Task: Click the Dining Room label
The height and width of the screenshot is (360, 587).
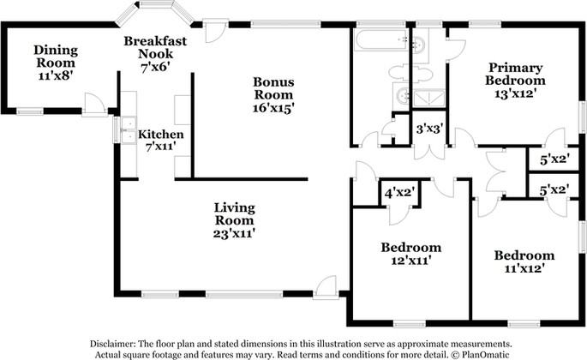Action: pos(56,56)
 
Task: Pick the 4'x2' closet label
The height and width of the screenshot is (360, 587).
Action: pos(398,194)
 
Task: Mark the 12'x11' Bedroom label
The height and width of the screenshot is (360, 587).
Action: pos(410,255)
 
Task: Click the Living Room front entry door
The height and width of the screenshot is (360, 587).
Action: pos(326,288)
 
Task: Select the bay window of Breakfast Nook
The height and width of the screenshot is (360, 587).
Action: pos(155,12)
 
